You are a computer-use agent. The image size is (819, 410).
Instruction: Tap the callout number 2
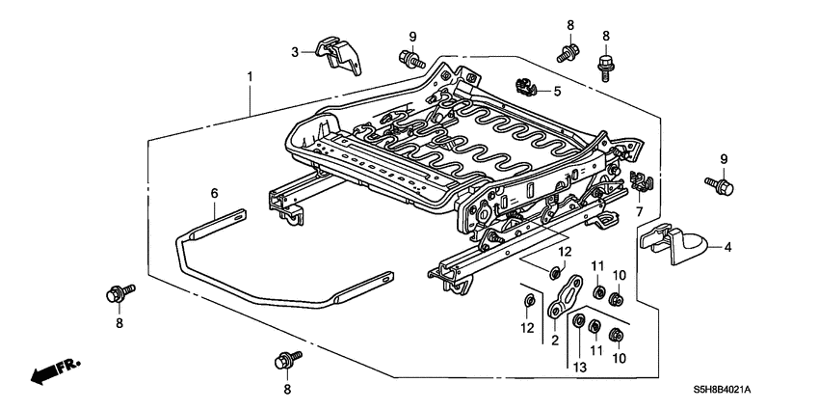coord(554,341)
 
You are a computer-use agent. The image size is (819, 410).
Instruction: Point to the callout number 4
coord(727,248)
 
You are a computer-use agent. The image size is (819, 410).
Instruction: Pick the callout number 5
coord(557,91)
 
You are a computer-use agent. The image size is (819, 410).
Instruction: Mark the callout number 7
coord(638,209)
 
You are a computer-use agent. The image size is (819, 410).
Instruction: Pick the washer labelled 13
coord(579,320)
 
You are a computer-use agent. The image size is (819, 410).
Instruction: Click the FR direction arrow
coord(53,372)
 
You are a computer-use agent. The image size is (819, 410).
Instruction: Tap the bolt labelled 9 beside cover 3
coord(413,61)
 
